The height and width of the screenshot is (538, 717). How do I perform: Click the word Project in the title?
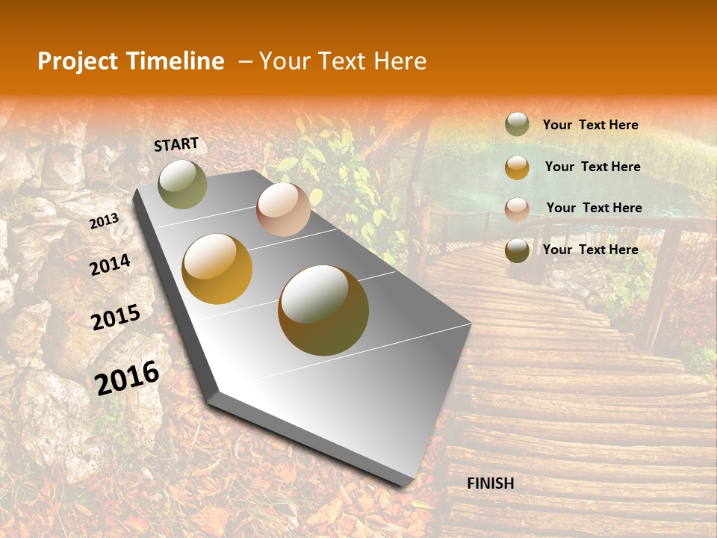pyautogui.click(x=78, y=61)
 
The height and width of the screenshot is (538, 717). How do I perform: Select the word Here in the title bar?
pyautogui.click(x=400, y=61)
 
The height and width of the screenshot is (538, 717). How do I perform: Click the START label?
pyautogui.click(x=176, y=144)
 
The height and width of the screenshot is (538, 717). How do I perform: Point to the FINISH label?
pyautogui.click(x=491, y=483)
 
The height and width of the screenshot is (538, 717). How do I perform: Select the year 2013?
pyautogui.click(x=104, y=221)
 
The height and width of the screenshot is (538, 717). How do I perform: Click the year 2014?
pyautogui.click(x=110, y=265)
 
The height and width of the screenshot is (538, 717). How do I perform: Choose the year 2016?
pyautogui.click(x=127, y=378)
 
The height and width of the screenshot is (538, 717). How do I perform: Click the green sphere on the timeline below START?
pyautogui.click(x=183, y=184)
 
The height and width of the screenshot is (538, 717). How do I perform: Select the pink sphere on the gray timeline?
pyautogui.click(x=283, y=209)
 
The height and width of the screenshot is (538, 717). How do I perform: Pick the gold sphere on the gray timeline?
pyautogui.click(x=217, y=269)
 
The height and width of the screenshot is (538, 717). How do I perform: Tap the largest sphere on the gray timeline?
pyautogui.click(x=323, y=310)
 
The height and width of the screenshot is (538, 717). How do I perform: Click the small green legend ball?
pyautogui.click(x=517, y=125)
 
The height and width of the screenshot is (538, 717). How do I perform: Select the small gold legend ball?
pyautogui.click(x=517, y=167)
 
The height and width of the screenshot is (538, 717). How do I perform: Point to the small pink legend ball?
pyautogui.click(x=517, y=209)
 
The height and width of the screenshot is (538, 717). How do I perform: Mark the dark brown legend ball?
pyautogui.click(x=517, y=250)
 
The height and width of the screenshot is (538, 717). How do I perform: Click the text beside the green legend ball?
pyautogui.click(x=590, y=126)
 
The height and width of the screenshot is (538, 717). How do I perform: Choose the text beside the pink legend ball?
pyautogui.click(x=594, y=208)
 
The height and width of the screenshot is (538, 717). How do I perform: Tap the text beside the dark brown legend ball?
pyautogui.click(x=590, y=250)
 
